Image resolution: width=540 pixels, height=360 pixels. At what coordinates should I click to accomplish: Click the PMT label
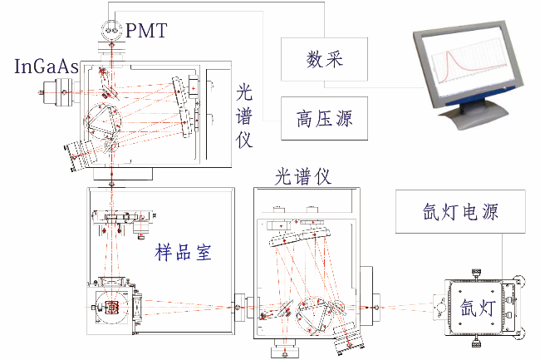(147, 32)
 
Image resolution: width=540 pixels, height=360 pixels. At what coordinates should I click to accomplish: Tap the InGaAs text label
(47, 67)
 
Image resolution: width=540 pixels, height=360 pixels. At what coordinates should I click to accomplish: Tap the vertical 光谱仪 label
(244, 116)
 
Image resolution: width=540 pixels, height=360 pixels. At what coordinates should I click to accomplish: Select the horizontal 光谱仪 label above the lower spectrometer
(304, 176)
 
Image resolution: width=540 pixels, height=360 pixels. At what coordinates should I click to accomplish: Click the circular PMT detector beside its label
(109, 30)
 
